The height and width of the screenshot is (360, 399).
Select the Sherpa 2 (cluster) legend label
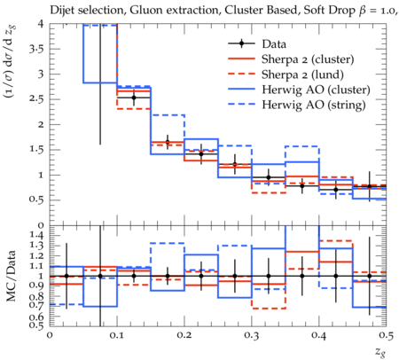(308, 59)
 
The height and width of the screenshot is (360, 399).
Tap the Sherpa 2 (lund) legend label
(302, 74)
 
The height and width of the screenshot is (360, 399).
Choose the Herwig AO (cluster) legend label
(316, 90)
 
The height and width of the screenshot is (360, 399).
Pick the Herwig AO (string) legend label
(314, 105)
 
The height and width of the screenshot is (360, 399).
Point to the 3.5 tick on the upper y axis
(36, 49)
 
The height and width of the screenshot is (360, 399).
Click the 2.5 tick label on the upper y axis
(36, 99)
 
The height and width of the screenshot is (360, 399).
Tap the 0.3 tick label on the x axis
(252, 335)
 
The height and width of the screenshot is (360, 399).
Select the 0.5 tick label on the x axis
(386, 335)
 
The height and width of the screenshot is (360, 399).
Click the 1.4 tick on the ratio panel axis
(36, 236)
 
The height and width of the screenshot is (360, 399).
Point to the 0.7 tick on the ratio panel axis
(36, 306)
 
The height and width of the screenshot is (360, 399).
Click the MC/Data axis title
(11, 276)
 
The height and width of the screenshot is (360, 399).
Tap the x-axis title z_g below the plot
(380, 352)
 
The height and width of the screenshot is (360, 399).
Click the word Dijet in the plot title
(61, 11)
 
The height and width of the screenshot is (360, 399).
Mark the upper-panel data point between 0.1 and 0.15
(134, 98)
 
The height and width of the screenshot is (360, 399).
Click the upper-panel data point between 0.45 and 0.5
(369, 186)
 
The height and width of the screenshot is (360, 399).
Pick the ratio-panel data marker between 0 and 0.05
(66, 276)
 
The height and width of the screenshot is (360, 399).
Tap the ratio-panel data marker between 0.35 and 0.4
(302, 276)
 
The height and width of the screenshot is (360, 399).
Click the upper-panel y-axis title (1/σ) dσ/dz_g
(11, 62)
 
